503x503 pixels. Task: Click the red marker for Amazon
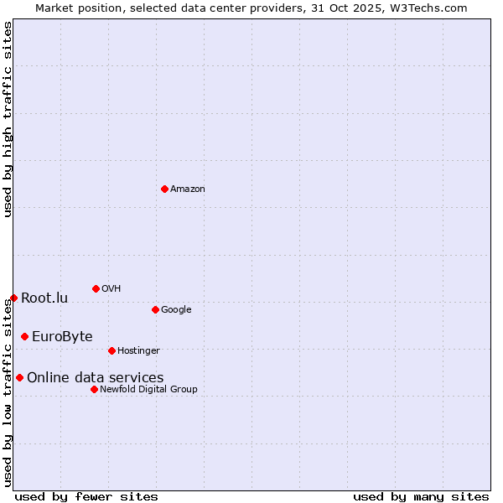[x=164, y=189]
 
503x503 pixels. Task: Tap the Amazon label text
[x=188, y=189]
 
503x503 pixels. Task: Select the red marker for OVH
[x=96, y=288]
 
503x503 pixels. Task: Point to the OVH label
[x=111, y=289]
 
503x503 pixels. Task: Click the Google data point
[x=155, y=309]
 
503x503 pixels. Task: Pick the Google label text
[x=176, y=310]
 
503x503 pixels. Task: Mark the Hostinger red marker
[x=111, y=350]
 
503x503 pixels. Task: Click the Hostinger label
[x=138, y=350]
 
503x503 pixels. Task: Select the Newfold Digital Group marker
[x=94, y=389]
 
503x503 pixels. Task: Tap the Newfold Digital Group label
[x=148, y=389]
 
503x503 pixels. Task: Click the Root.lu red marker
[x=13, y=298]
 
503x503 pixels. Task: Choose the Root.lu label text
[x=44, y=298]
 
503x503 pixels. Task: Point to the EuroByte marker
[x=24, y=336]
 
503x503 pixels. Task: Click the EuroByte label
[x=62, y=337]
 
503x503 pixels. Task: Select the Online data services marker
[x=19, y=377]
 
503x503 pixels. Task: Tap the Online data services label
[x=96, y=378]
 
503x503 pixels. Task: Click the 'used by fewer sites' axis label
[x=86, y=496]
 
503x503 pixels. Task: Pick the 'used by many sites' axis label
[x=421, y=496]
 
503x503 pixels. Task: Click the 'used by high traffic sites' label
[x=8, y=119]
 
